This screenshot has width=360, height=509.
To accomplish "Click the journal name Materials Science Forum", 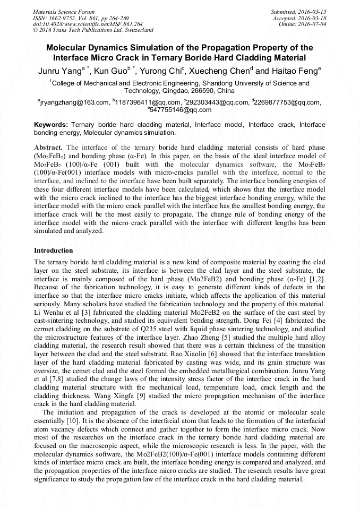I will (x=64, y=12).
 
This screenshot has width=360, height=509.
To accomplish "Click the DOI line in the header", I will (x=88, y=24).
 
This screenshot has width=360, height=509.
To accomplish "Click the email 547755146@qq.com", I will (x=181, y=110).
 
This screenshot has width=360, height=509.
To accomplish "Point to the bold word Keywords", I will (x=50, y=125).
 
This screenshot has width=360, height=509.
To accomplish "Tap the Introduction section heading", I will (x=54, y=250).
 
